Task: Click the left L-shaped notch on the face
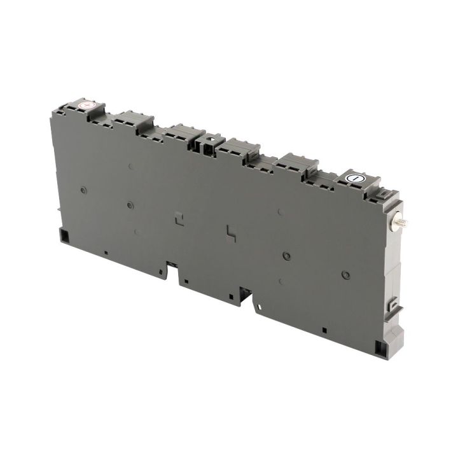[x=179, y=217]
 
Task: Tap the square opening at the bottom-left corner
[x=64, y=235]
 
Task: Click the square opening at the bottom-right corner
[x=380, y=347]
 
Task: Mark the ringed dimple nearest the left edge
[x=84, y=190]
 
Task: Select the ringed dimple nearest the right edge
[x=345, y=275]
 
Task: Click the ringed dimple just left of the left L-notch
[x=130, y=205]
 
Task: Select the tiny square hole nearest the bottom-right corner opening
[x=324, y=330]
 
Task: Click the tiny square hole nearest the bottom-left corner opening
[x=106, y=253]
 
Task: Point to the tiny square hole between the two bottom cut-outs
[x=186, y=281]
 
